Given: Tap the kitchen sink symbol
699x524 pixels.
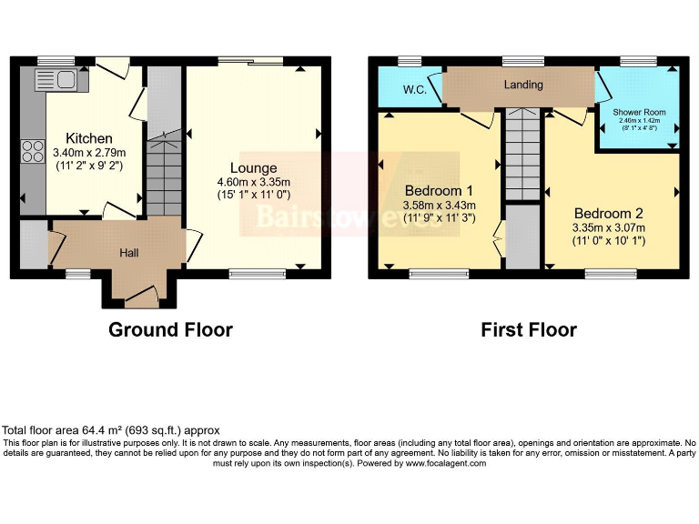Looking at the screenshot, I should pos(59,80).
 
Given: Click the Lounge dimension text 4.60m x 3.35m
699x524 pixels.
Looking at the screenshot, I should pos(253,181).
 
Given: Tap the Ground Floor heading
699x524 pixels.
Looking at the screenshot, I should pos(170,329).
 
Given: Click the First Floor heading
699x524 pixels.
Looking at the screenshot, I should pos(529,329).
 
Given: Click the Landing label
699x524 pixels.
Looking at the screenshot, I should pos(523,85).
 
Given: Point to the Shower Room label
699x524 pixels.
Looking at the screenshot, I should pos(639,113).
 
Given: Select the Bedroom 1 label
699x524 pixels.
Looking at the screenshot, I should pos(439,191).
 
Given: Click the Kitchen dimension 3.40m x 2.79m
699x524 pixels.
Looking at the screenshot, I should pos(89,153).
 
